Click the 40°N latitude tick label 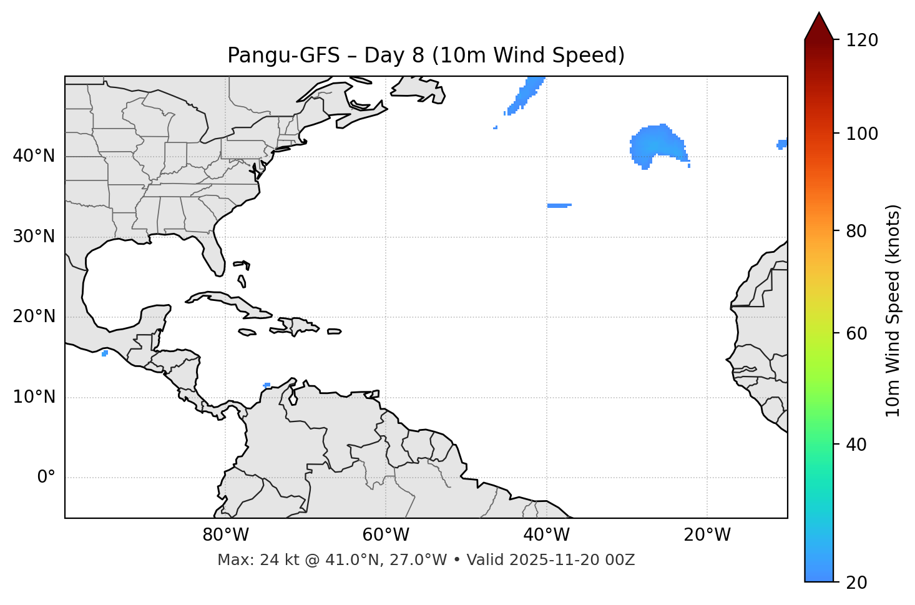(34, 156)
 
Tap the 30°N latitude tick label (34, 237)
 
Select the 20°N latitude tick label (34, 317)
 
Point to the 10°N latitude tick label (34, 397)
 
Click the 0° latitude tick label (46, 478)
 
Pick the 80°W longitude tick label (225, 535)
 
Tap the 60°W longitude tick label (386, 535)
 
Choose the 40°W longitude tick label (546, 535)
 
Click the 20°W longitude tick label (707, 535)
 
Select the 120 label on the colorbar (862, 41)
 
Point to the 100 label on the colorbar (862, 134)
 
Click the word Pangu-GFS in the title (283, 56)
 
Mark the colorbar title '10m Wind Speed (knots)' (893, 310)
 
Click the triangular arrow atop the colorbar (819, 26)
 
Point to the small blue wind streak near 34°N (559, 205)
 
